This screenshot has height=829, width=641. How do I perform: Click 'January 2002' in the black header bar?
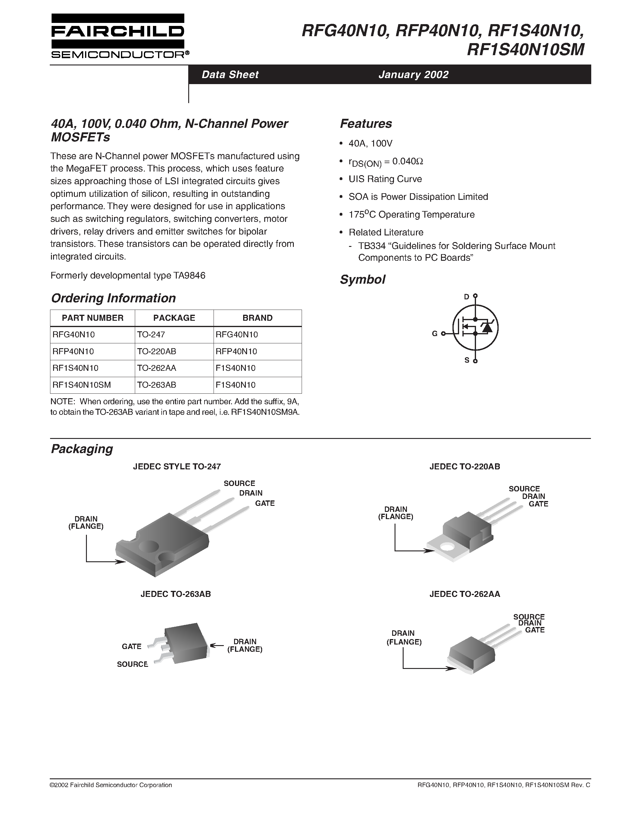[413, 74]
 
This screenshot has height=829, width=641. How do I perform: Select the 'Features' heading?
[366, 124]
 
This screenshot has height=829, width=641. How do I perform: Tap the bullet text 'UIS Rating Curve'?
[385, 179]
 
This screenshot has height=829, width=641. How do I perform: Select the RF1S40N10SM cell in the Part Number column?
[82, 385]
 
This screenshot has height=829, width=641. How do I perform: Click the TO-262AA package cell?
[157, 368]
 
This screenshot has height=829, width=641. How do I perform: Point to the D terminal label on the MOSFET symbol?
[467, 297]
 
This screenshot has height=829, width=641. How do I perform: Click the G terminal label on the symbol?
[434, 333]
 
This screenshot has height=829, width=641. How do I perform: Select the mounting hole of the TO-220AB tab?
[448, 547]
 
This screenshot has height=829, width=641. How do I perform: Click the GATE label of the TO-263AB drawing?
[132, 646]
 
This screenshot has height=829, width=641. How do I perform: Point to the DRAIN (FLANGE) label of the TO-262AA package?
[404, 637]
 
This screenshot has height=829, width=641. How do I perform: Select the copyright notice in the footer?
[111, 785]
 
